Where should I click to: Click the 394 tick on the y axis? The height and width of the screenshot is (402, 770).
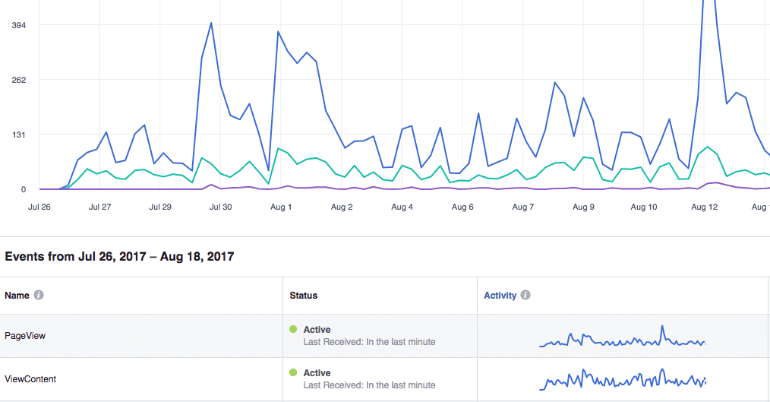click(18, 25)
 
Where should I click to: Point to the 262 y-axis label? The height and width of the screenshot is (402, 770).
click(18, 80)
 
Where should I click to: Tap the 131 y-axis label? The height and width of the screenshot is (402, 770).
click(18, 135)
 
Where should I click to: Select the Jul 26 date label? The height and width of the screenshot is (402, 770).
click(39, 207)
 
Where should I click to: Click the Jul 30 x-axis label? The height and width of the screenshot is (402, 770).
click(220, 207)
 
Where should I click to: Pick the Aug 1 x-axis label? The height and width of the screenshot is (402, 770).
click(281, 207)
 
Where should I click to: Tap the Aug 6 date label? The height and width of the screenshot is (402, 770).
click(462, 207)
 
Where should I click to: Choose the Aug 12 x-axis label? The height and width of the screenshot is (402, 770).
click(705, 207)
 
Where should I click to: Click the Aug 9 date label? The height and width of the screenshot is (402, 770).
click(583, 207)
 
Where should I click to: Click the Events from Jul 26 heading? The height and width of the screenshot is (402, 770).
click(119, 257)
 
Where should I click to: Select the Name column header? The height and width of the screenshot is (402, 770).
click(17, 295)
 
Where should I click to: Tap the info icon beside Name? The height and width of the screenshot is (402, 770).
click(39, 295)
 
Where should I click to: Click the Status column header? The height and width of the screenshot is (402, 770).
click(303, 295)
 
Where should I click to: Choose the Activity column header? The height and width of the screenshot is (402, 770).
click(500, 295)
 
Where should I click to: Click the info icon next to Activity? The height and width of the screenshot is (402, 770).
click(525, 295)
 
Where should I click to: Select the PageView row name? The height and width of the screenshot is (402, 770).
click(25, 335)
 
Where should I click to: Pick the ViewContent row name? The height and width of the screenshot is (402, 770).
click(30, 378)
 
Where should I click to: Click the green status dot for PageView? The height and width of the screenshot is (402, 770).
click(293, 329)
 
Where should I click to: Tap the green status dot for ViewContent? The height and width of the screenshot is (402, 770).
click(293, 372)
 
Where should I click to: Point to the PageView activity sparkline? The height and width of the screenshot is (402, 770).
click(623, 339)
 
